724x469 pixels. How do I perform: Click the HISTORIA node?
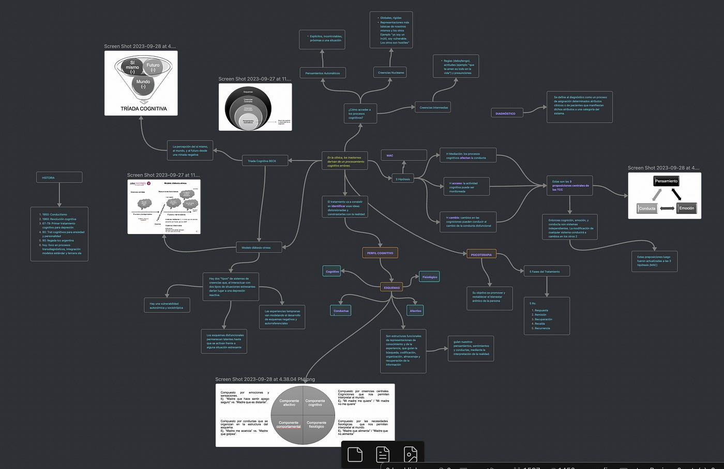point(59,177)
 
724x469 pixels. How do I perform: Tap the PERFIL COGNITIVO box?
point(380,253)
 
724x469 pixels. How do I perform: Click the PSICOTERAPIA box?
point(481,254)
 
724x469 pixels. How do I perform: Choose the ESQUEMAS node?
point(391,287)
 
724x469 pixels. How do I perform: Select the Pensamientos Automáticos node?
point(322,73)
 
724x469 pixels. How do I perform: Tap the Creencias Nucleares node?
point(390,72)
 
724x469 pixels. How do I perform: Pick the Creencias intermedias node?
point(433,107)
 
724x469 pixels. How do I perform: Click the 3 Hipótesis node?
point(403,179)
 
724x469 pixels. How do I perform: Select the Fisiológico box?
point(430,277)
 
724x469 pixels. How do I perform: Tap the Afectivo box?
point(416,310)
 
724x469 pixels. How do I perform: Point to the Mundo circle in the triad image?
point(143,84)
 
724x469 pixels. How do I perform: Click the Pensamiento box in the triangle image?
point(666,181)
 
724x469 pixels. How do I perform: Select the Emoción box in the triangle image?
point(686,208)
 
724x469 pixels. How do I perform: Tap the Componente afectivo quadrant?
point(289,402)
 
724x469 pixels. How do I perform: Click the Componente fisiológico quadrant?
point(316,425)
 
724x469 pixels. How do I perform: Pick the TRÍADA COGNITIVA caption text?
point(143,108)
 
